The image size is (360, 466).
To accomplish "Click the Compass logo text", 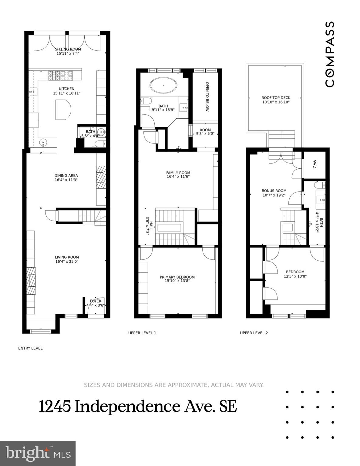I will pos(330,54).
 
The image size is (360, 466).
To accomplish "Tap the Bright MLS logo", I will pos(38,454).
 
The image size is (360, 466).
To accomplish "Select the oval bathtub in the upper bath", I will pos(163,85).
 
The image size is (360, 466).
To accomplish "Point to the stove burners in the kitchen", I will pos(60,76).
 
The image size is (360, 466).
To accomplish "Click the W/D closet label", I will pos(315,164).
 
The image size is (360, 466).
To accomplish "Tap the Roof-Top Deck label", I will pos(276,98).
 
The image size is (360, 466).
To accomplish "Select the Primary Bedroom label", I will pos(177,277).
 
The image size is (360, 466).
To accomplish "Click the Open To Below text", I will pos(207,96).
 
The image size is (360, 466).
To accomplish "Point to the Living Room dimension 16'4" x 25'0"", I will pos(67,261).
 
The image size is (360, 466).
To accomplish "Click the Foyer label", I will pos(96,301).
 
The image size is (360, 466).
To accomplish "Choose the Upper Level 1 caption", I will pos(142,333).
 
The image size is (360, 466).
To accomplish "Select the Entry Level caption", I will pos(30,348).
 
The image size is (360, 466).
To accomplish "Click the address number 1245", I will pos(55,407).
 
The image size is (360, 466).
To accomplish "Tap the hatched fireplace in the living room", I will pos(31,281).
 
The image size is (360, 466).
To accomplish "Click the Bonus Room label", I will pos(274,191).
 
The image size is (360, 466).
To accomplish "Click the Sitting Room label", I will pos(68,49).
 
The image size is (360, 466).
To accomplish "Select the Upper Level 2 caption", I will pos(254,333).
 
